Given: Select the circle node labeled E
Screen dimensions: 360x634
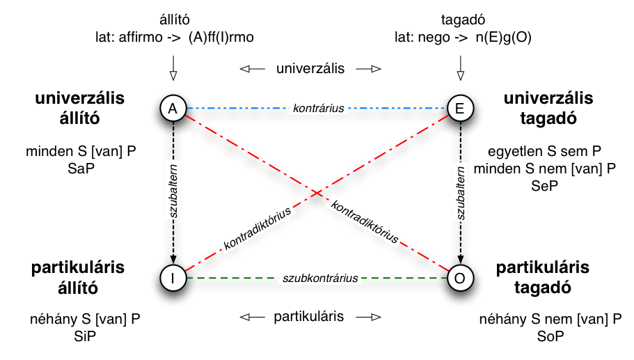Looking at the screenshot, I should tap(459, 108).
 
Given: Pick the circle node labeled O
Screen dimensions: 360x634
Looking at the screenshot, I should tap(459, 278).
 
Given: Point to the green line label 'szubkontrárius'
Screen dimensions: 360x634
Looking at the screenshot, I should tap(320, 279).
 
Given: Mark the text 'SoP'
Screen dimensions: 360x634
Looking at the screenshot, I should tap(550, 336).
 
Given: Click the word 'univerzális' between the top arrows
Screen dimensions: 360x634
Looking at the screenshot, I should tap(310, 69).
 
